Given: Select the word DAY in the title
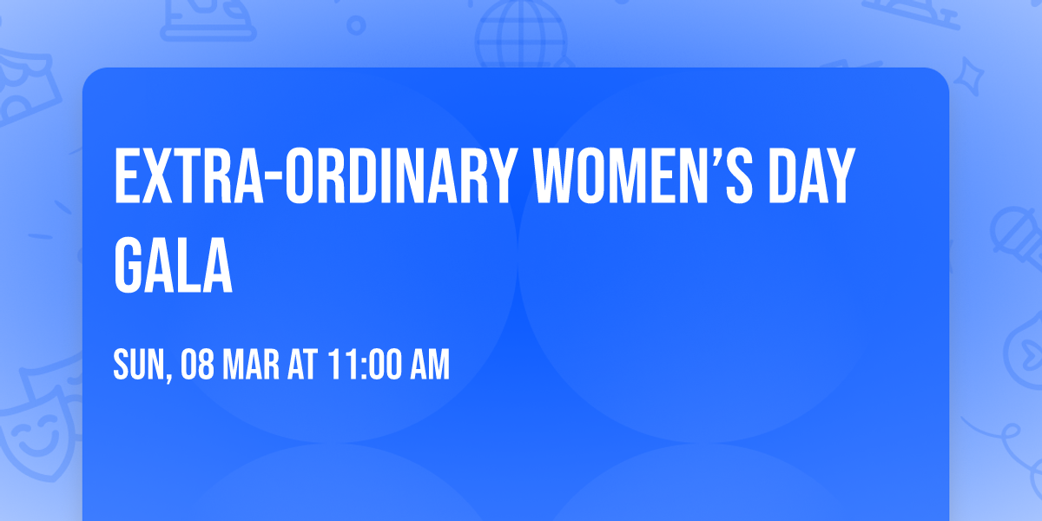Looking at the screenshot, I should click(x=808, y=177).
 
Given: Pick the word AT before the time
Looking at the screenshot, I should click(x=303, y=366).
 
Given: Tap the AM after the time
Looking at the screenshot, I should click(x=429, y=366).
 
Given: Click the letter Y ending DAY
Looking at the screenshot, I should click(x=837, y=177).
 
